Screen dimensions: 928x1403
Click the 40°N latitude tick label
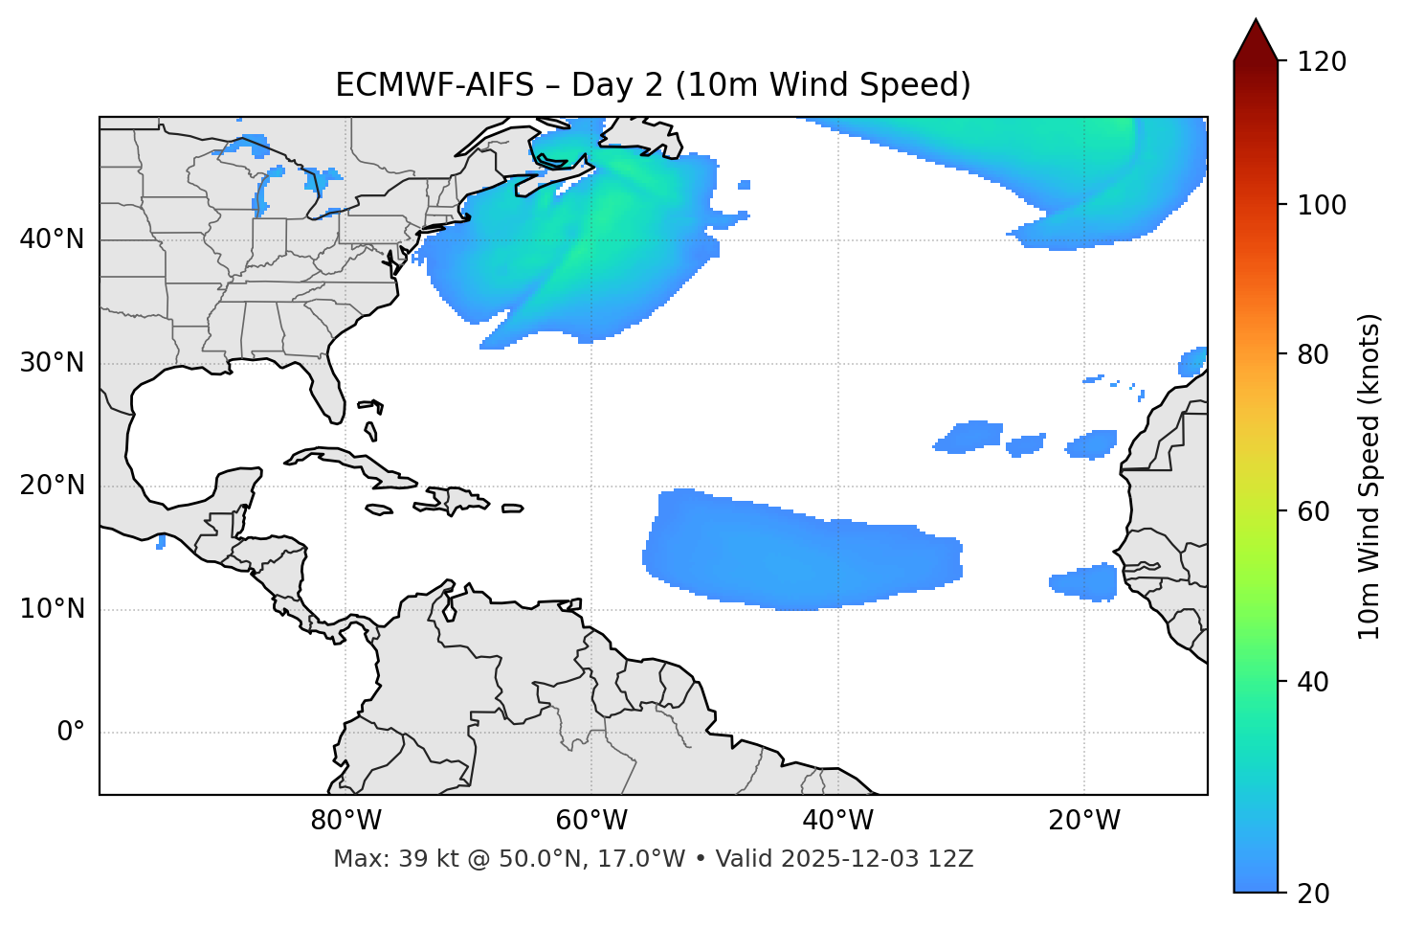click(x=52, y=239)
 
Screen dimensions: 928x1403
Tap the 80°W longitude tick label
click(x=345, y=821)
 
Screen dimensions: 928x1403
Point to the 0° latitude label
click(x=71, y=733)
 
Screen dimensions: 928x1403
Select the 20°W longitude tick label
click(x=1084, y=821)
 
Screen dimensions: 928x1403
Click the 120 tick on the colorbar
click(x=1322, y=62)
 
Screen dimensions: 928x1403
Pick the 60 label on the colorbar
click(x=1313, y=511)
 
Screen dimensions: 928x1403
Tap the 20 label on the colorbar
click(x=1313, y=894)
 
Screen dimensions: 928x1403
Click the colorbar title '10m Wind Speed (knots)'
click(x=1370, y=476)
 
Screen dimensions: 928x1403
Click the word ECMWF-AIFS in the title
click(x=434, y=85)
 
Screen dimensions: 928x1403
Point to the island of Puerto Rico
click(x=512, y=509)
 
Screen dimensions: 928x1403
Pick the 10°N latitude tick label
click(x=52, y=609)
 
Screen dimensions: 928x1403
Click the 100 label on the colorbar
click(x=1322, y=205)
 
